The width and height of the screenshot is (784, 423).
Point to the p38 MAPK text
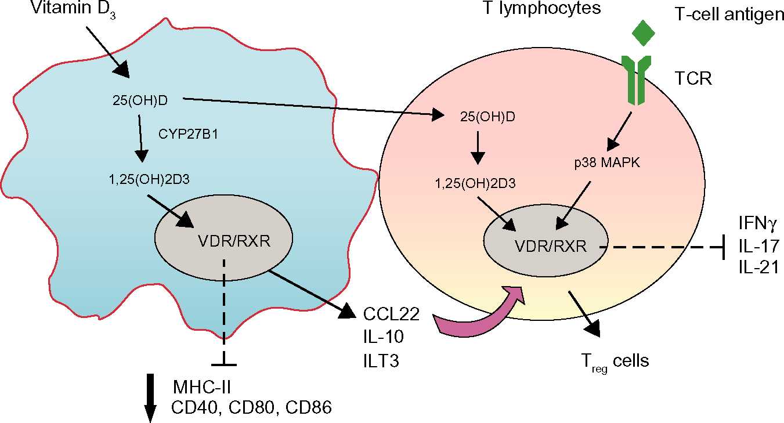(599, 164)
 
